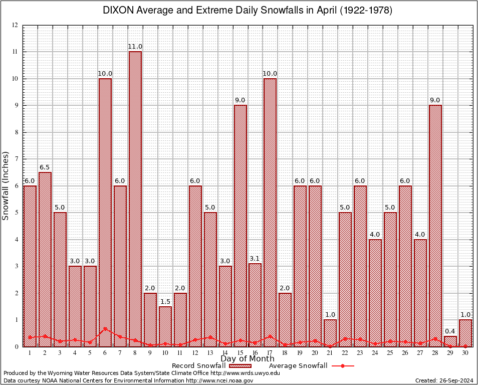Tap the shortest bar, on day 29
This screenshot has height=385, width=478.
tap(450, 341)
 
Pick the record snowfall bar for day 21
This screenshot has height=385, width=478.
tap(330, 333)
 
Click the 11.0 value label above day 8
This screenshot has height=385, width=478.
tap(135, 47)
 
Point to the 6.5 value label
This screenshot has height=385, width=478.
tap(45, 167)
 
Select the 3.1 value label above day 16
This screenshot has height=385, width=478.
tap(255, 259)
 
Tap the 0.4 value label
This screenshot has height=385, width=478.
tap(450, 331)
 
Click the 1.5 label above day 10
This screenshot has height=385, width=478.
tap(165, 301)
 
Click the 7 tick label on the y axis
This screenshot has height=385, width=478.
tap(17, 159)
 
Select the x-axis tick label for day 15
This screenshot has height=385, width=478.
tap(240, 353)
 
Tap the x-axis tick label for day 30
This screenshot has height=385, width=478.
tap(465, 353)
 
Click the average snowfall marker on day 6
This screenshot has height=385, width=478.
tap(105, 329)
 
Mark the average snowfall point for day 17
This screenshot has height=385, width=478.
tap(270, 336)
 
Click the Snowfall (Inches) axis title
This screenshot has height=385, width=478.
tap(6, 185)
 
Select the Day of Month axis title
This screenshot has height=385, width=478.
tap(247, 359)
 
